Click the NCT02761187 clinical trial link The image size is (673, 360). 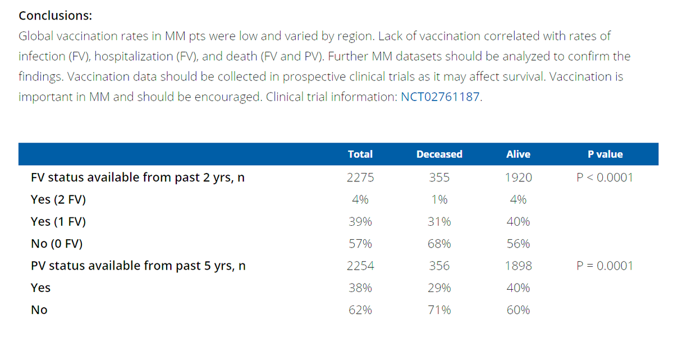[441, 96]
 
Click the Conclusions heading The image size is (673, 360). [56, 15]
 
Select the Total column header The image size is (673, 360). [360, 154]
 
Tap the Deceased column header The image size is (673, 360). [439, 154]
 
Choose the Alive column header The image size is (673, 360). [518, 154]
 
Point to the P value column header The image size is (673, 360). [605, 154]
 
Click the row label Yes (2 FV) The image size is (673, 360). [58, 200]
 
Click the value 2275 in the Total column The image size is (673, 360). [360, 178]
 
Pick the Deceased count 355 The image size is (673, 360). [439, 178]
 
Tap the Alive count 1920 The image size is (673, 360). [518, 178]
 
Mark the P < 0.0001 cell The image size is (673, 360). [605, 178]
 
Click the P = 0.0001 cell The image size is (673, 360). [605, 266]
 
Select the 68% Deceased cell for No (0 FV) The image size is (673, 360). [439, 244]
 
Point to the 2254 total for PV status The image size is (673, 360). [360, 266]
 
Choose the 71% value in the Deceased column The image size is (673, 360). [439, 310]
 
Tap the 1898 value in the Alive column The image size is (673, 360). [518, 266]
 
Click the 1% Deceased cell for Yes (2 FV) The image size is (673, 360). [439, 200]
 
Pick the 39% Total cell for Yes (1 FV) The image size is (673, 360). [360, 222]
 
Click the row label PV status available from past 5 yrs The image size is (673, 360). [138, 266]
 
